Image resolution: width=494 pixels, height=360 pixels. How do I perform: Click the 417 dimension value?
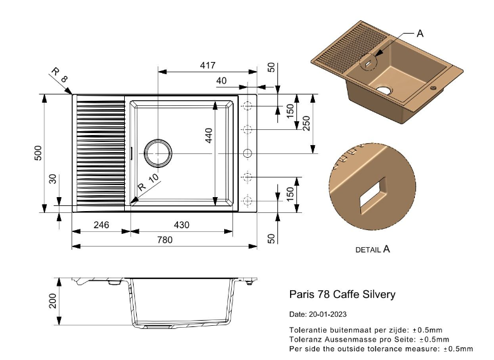[208, 65]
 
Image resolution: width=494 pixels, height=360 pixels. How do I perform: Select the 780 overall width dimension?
[165, 240]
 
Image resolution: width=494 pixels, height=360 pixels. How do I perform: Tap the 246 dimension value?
[102, 225]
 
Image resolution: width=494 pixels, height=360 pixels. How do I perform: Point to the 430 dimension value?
[182, 225]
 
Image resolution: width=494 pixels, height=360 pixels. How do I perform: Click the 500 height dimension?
[38, 154]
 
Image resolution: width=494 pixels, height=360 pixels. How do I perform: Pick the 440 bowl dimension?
[208, 134]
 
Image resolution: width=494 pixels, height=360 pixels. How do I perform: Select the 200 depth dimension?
[53, 300]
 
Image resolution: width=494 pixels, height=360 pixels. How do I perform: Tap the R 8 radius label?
[60, 78]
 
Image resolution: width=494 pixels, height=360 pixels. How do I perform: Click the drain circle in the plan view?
[158, 152]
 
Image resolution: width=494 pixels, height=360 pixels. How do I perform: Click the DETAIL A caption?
[372, 250]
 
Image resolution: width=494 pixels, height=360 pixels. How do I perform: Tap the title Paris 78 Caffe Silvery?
[342, 294]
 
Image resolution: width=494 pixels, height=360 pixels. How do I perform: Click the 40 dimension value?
[222, 80]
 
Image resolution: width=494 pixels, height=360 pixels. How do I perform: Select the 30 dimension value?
[53, 180]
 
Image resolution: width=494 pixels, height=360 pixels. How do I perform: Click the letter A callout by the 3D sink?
[419, 34]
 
